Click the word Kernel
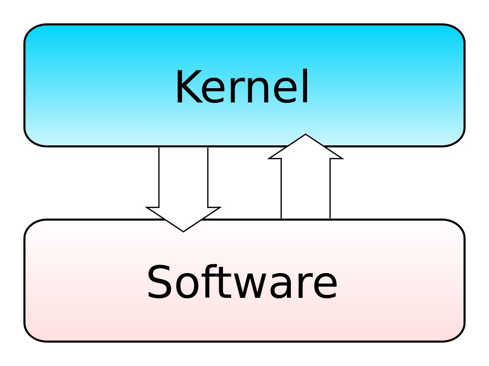(x=242, y=86)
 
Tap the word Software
(x=242, y=282)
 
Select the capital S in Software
(x=159, y=282)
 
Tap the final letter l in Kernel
(x=306, y=86)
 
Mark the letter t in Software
(x=223, y=283)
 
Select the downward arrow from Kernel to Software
(x=183, y=189)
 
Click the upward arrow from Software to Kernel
(x=306, y=176)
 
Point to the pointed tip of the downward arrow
(x=183, y=232)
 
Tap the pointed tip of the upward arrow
(x=306, y=134)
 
